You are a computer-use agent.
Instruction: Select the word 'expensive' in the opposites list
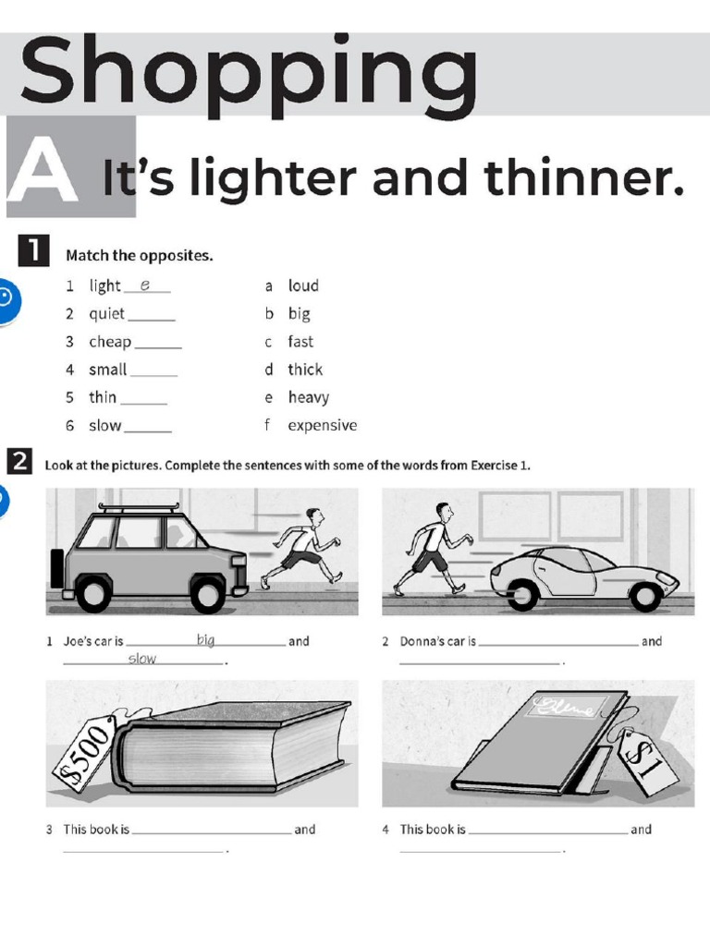click(x=322, y=426)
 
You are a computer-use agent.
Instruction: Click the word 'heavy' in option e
click(x=308, y=398)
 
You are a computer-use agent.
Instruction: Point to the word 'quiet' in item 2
click(x=106, y=314)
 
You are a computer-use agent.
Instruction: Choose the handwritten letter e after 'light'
click(x=145, y=285)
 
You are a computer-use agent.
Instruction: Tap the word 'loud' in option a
click(x=302, y=286)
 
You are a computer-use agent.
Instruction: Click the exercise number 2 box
click(x=19, y=461)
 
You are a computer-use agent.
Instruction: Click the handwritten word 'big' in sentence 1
click(x=205, y=639)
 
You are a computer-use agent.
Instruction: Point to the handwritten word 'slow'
click(x=142, y=659)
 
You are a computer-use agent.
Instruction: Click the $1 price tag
click(x=647, y=759)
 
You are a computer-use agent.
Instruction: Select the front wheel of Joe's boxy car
click(x=208, y=594)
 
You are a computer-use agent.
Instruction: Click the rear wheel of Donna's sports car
click(x=522, y=595)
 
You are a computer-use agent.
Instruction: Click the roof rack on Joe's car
click(x=140, y=508)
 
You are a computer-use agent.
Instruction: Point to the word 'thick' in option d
click(x=305, y=370)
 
